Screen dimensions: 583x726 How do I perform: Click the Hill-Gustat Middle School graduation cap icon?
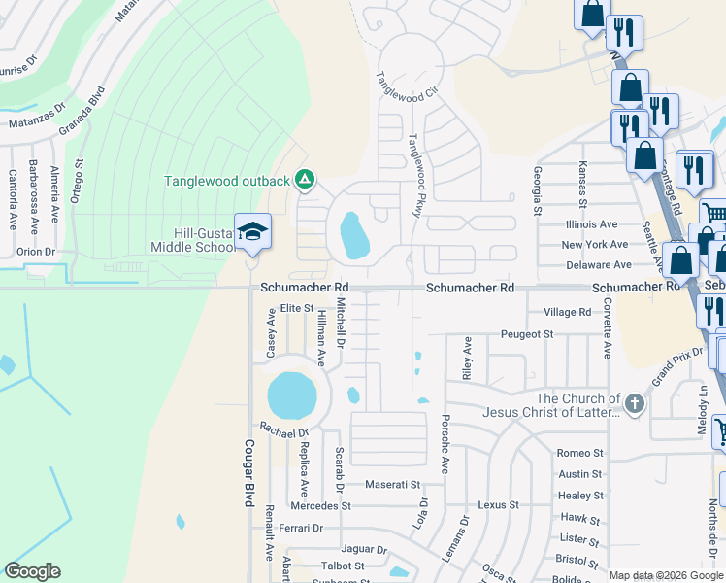[x=252, y=230]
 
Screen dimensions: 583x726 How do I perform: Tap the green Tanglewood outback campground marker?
[x=304, y=180]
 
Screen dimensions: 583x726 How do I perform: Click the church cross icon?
[x=634, y=404]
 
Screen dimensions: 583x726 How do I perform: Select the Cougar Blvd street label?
[x=248, y=470]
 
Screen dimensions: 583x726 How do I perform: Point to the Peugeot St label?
[x=527, y=334]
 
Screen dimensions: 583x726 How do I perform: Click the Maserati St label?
[x=392, y=484]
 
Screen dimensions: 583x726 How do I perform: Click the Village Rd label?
[x=568, y=312]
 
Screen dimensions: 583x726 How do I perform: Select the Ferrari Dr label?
[x=300, y=528]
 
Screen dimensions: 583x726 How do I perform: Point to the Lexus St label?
[x=499, y=505]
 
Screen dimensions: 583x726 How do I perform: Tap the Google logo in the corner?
[x=32, y=571]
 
